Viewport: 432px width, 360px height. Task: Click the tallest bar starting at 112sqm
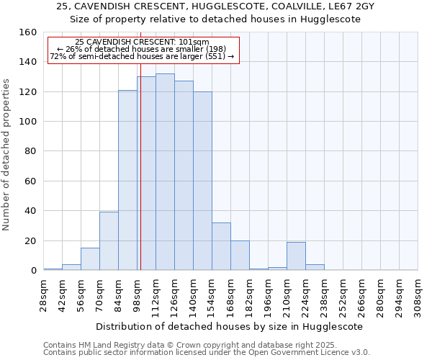tap(165, 172)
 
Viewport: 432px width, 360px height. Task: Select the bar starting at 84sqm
tap(127, 180)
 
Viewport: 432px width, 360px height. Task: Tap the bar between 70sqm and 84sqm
tap(109, 241)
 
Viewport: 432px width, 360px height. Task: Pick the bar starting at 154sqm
tap(221, 246)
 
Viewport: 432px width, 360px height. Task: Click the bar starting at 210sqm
tap(296, 256)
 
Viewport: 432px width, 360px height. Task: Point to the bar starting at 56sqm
tap(90, 259)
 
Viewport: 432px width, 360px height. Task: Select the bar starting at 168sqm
tap(240, 256)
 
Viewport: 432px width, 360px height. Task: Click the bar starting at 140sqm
tap(202, 181)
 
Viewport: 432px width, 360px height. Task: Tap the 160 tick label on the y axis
tap(28, 32)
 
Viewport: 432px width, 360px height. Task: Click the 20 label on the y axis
tap(31, 240)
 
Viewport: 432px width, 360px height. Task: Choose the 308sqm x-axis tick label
tap(418, 296)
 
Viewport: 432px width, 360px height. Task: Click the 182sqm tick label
tap(250, 296)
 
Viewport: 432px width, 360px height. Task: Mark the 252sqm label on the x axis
tap(343, 296)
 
